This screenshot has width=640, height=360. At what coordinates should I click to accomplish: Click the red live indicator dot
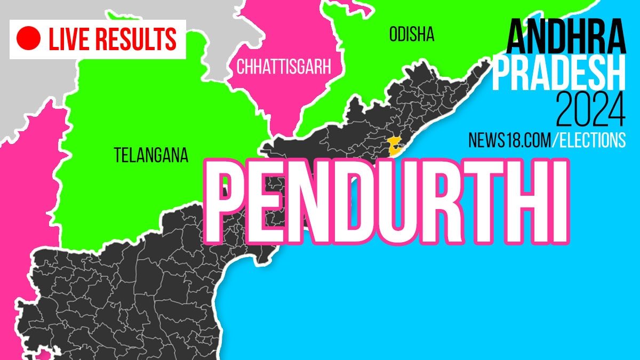pos(29,38)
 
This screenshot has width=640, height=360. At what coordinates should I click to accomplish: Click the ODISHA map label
pos(412,35)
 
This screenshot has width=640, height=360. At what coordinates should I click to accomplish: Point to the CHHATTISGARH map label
pos(284,67)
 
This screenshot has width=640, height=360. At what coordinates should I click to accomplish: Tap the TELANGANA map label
pos(151,155)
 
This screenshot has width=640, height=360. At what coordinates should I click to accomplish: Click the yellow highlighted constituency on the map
pos(395,145)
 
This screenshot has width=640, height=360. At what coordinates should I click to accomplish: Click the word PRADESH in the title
pos(558,75)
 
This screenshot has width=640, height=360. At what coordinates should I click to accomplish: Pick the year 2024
pos(590,109)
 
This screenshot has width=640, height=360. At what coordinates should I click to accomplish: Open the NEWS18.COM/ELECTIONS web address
pos(547,140)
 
